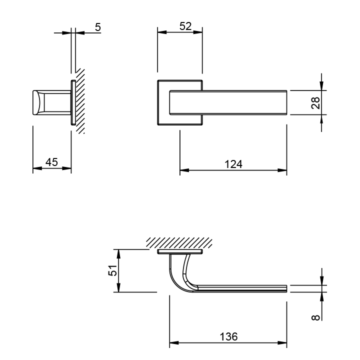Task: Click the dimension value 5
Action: pyautogui.click(x=98, y=27)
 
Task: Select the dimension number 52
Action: pyautogui.click(x=185, y=26)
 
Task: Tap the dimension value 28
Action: pyautogui.click(x=315, y=102)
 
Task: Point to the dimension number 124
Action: pyautogui.click(x=233, y=164)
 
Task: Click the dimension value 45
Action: pyautogui.click(x=51, y=162)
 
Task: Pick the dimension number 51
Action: pyautogui.click(x=113, y=270)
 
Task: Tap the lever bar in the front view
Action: pyautogui.click(x=230, y=102)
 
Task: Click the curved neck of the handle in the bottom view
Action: pyautogui.click(x=176, y=273)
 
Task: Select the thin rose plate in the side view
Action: pyautogui.click(x=73, y=102)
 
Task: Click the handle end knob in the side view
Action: pyautogui.click(x=37, y=102)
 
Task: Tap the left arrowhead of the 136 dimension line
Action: pyautogui.click(x=173, y=343)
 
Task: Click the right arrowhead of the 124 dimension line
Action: pyautogui.click(x=283, y=170)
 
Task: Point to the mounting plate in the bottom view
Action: pyautogui.click(x=180, y=251)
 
